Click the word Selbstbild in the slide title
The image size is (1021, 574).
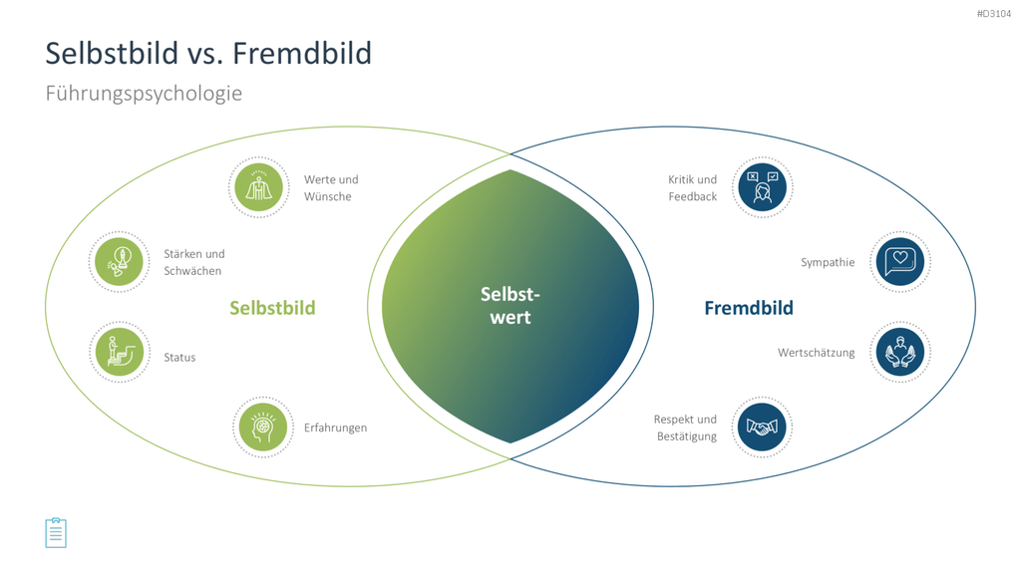coord(112,54)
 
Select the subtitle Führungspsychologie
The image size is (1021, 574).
coord(144,94)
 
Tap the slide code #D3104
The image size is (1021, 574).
coord(994,14)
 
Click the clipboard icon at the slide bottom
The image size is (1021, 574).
coord(56,533)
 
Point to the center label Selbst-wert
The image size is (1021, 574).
coord(510,306)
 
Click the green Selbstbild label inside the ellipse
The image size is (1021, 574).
coord(272,308)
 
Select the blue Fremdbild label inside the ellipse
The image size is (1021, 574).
coord(749,308)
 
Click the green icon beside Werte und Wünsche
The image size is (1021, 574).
coord(259,187)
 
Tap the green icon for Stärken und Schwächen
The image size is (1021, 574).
coord(120,262)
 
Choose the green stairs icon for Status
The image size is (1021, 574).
coord(120,352)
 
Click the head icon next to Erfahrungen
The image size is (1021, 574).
coord(263,427)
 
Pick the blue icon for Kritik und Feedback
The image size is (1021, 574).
coord(762,187)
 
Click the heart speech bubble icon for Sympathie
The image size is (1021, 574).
coord(900,262)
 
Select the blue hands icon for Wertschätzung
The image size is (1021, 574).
coord(900,352)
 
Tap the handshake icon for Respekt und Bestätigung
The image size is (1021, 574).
coord(762,427)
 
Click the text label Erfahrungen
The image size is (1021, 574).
coord(335,429)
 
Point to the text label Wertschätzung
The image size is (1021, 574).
coord(816,353)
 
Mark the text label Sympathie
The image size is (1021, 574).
coord(828,263)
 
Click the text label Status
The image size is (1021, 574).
coord(179,358)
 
